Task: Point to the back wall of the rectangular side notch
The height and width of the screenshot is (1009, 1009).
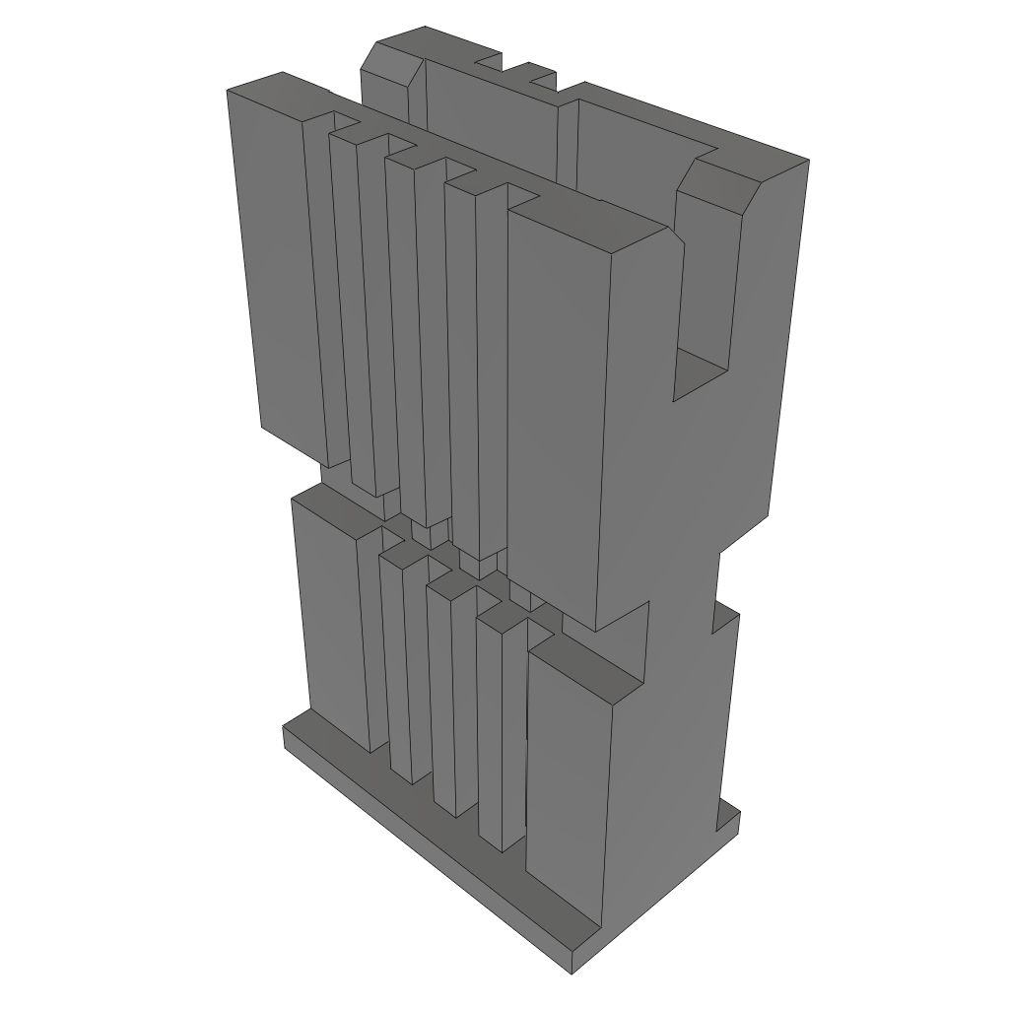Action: pos(707,276)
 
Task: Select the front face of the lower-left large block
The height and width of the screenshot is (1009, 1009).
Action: pos(331,621)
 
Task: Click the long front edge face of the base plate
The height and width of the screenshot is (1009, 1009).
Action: pos(424,847)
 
